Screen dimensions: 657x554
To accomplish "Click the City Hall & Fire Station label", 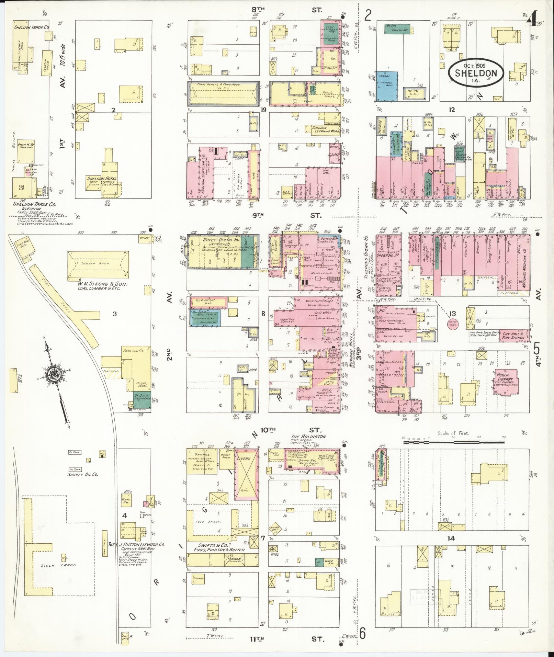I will (513, 336).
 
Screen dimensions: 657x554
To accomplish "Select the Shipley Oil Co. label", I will (83, 474).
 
